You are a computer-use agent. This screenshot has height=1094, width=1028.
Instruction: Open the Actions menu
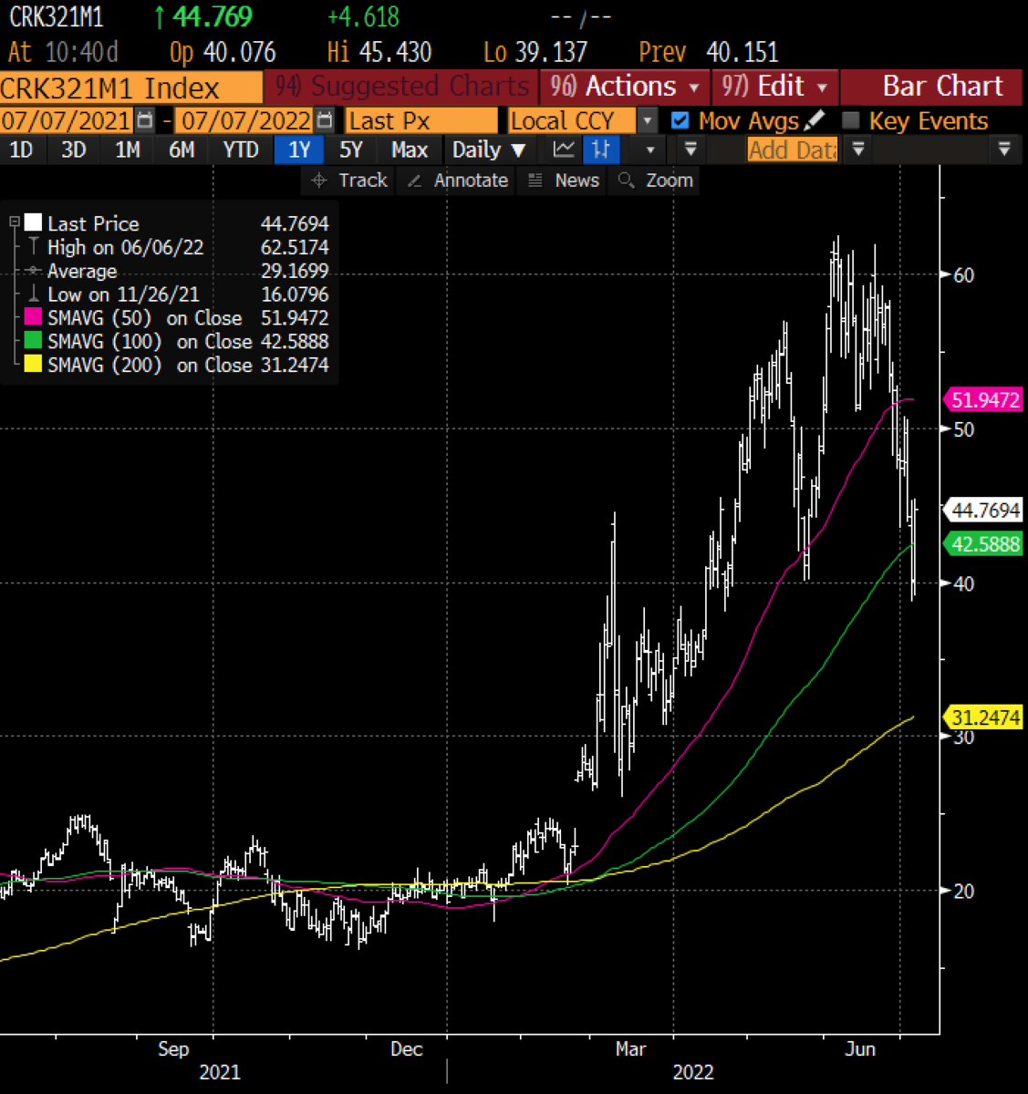(x=625, y=87)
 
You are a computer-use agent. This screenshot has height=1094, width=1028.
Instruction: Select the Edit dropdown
(x=775, y=87)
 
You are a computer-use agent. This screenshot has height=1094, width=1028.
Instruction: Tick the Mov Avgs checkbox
(x=680, y=120)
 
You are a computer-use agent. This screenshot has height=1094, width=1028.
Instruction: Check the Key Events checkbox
(x=851, y=120)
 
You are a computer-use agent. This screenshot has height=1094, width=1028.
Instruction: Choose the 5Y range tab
(x=350, y=150)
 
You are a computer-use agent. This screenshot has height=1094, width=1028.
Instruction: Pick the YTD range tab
(x=241, y=150)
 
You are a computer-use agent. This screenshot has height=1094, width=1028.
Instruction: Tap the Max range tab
(x=409, y=150)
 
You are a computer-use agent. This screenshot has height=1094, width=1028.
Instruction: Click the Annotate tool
(x=458, y=181)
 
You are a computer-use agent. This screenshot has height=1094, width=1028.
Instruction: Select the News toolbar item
(x=565, y=181)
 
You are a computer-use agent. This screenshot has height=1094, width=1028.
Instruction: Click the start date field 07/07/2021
(x=67, y=120)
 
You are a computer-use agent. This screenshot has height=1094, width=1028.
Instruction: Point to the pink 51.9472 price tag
(x=985, y=399)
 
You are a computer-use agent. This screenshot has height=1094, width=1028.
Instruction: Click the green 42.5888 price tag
(x=985, y=544)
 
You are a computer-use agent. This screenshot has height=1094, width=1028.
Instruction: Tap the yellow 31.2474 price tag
(x=985, y=717)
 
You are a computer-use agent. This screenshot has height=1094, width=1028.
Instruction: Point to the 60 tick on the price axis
(x=963, y=275)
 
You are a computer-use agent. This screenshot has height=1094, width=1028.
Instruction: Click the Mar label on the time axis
(x=630, y=1048)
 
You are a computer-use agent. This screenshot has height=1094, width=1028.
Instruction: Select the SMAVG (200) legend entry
(x=104, y=365)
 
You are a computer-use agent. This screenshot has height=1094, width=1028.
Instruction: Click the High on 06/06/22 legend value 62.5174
(x=294, y=247)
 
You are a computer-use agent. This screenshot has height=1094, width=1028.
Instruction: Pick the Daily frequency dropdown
(x=489, y=150)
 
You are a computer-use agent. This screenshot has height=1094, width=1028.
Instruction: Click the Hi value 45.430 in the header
(x=395, y=52)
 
